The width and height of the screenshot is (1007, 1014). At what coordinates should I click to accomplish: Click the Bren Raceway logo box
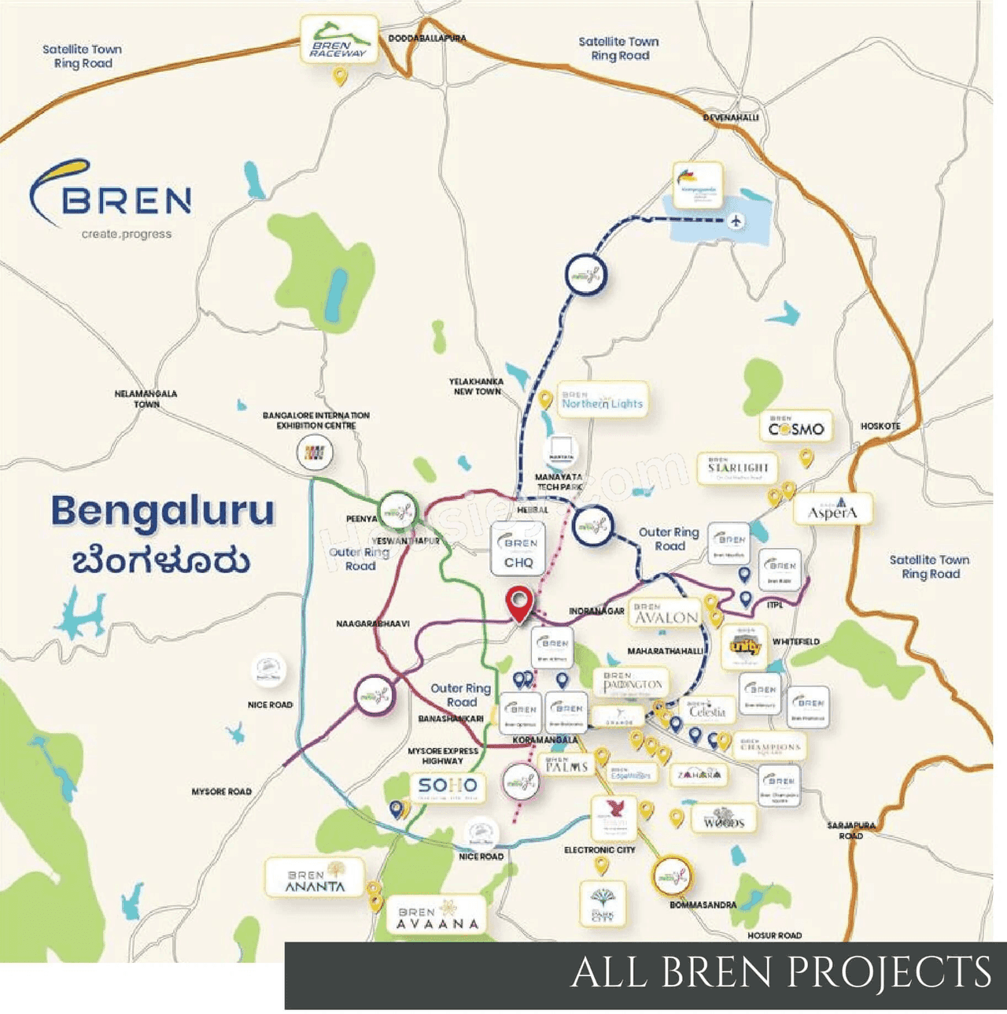(x=338, y=42)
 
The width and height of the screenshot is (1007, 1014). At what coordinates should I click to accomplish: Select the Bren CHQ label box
(x=518, y=550)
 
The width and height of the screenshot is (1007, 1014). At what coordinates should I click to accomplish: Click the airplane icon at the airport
(x=736, y=220)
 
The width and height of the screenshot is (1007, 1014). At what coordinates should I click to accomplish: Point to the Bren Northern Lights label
(x=603, y=400)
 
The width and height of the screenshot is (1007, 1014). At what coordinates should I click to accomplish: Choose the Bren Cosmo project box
(x=796, y=427)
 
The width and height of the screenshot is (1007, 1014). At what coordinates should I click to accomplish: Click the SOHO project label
(x=447, y=786)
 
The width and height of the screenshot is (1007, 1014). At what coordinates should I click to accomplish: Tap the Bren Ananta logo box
(x=315, y=879)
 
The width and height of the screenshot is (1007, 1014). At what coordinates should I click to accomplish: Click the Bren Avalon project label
(x=666, y=615)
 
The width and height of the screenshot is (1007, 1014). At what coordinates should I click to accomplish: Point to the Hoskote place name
(x=880, y=426)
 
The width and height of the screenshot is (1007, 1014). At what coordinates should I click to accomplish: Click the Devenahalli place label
(x=731, y=117)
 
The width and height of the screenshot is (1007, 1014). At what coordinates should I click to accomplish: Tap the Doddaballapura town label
(x=427, y=38)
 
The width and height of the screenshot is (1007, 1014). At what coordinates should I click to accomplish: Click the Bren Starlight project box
(x=737, y=468)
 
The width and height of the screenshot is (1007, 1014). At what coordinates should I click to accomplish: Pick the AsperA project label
(x=832, y=510)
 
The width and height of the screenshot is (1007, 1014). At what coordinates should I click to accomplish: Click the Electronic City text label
(x=599, y=850)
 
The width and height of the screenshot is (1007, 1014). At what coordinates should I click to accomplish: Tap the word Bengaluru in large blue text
(x=163, y=512)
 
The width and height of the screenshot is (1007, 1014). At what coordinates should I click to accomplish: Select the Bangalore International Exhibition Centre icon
(x=315, y=453)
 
